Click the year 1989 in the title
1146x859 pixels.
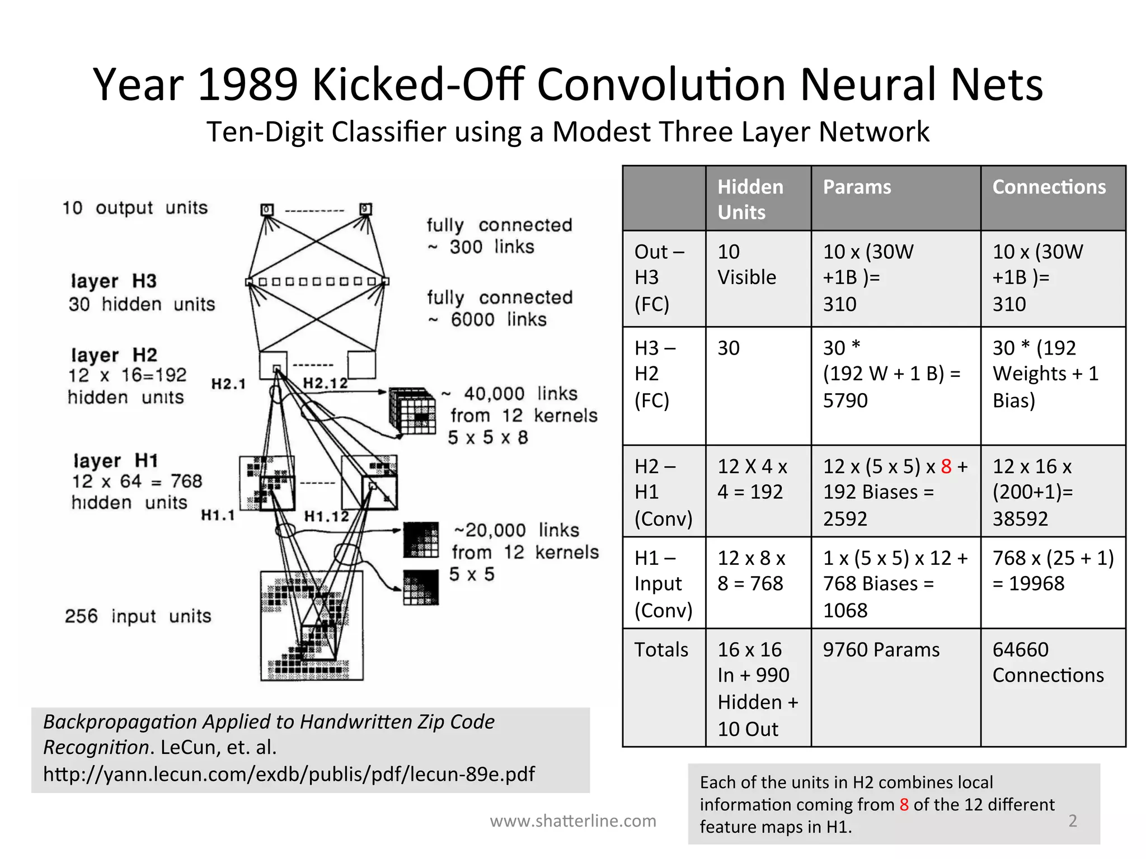point(247,85)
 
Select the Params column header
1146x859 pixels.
point(857,187)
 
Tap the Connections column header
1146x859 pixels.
point(1049,187)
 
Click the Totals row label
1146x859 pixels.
point(661,650)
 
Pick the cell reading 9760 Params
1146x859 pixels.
point(881,650)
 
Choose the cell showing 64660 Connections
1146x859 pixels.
point(1048,662)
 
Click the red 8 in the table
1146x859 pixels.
point(946,466)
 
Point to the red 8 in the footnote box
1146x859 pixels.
point(904,805)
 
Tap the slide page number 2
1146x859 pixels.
point(1072,820)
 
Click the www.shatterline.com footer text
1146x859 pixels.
point(572,821)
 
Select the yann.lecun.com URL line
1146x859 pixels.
point(289,774)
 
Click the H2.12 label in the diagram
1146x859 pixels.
point(325,383)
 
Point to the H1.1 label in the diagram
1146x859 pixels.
point(218,515)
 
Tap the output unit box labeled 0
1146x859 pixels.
point(267,210)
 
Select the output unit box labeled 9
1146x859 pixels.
point(365,209)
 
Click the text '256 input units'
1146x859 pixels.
point(138,616)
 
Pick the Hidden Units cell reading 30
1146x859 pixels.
point(729,348)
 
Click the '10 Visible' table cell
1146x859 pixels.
point(746,265)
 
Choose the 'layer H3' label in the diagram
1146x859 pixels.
point(114,281)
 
